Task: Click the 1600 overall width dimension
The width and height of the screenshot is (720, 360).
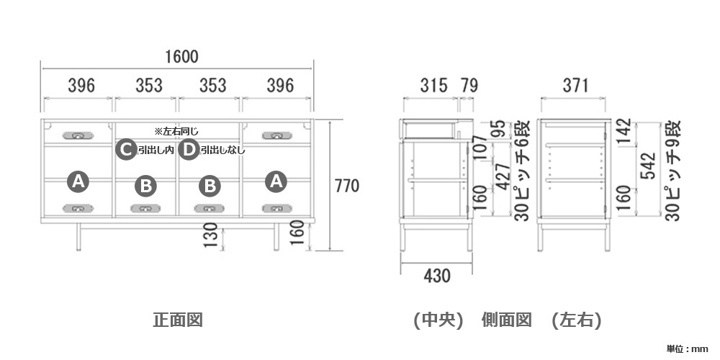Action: pos(182,56)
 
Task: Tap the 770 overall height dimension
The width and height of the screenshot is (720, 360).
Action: pos(347,186)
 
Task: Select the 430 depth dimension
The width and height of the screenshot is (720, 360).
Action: pos(437,276)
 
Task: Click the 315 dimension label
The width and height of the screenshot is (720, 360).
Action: pos(434,86)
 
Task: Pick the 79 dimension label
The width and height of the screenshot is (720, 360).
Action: pos(469,86)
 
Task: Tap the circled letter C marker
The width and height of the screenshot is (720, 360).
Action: pos(126,150)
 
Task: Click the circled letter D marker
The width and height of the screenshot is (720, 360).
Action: pos(189,150)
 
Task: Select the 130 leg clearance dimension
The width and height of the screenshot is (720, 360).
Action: pos(210,235)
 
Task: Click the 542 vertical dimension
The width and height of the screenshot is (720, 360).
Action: pos(649,166)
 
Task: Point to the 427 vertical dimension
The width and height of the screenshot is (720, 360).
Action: pos(503,176)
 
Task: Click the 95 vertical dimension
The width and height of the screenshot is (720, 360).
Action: pos(500,129)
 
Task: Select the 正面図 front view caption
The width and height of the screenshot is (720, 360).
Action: pos(178,320)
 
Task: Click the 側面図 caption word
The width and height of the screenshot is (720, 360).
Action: pos(507,320)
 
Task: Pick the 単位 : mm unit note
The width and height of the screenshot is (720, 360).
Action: pos(687,349)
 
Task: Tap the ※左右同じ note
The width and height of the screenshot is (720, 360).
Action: pos(176,132)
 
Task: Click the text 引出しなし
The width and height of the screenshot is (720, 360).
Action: pos(222,150)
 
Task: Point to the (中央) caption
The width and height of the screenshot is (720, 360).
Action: pos(438,320)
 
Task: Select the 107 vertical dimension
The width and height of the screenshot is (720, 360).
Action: pos(479,147)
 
